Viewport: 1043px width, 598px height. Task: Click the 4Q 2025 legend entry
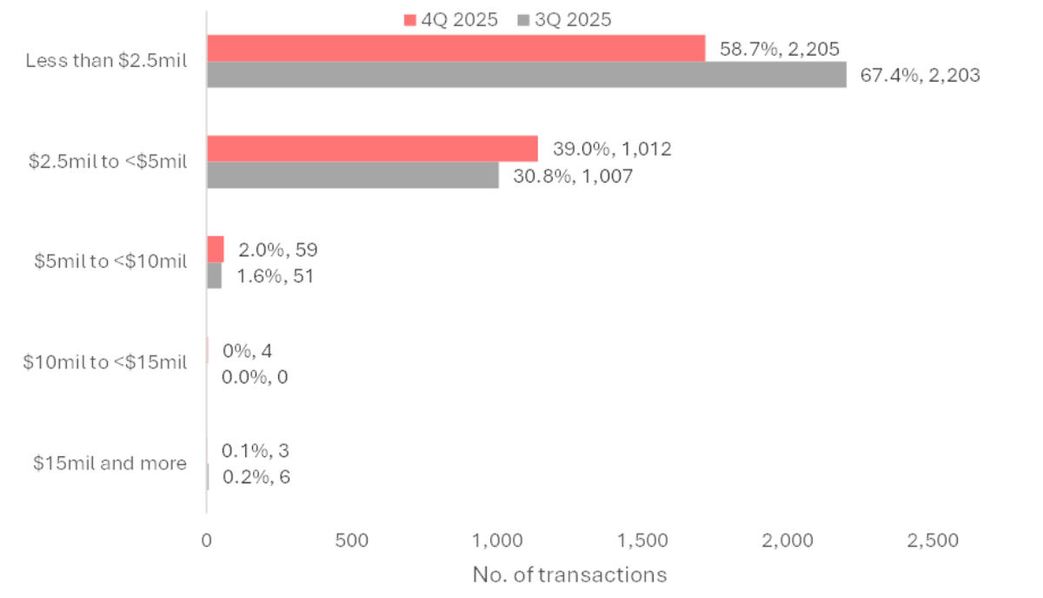tap(451, 20)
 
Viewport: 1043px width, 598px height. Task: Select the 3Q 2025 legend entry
tap(564, 20)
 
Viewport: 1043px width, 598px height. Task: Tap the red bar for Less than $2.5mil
tap(455, 49)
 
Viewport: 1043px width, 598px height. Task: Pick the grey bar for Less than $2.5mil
tap(526, 75)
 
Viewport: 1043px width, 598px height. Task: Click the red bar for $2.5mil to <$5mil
tap(372, 149)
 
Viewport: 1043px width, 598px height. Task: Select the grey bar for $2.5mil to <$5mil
tap(352, 175)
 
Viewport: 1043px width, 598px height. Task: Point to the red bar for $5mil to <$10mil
tap(215, 249)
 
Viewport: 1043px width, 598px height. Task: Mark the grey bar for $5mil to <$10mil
tap(214, 276)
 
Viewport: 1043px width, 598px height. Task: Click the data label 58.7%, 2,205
tap(780, 49)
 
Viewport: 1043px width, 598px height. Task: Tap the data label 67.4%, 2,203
tap(920, 76)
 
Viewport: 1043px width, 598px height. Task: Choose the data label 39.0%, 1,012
tap(612, 149)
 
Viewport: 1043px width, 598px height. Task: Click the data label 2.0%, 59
tap(278, 250)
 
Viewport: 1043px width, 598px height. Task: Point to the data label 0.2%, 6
tap(256, 476)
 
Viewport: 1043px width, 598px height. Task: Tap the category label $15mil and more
tap(110, 463)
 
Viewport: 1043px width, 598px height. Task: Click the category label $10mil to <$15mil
tap(104, 362)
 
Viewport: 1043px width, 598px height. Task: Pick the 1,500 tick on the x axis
tap(644, 541)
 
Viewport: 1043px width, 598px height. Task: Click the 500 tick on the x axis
tap(352, 541)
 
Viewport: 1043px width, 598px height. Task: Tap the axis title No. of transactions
tap(569, 575)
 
